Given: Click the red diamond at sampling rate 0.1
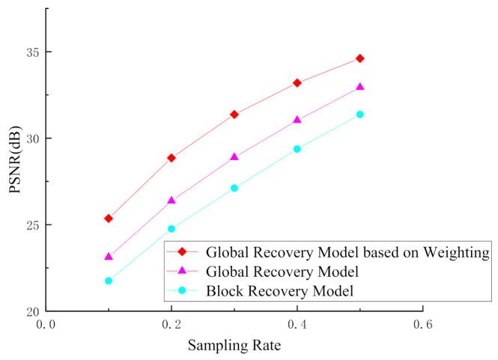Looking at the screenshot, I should pyautogui.click(x=109, y=219).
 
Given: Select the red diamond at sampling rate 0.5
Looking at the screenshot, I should pyautogui.click(x=360, y=58).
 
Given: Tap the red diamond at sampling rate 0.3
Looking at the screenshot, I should pyautogui.click(x=234, y=115).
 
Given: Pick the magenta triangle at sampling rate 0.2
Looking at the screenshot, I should pyautogui.click(x=171, y=201).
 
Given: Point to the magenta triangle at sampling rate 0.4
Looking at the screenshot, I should pyautogui.click(x=297, y=120).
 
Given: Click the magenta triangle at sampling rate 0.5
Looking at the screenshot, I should pyautogui.click(x=360, y=87).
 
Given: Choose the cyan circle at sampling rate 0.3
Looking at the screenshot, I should pyautogui.click(x=234, y=188).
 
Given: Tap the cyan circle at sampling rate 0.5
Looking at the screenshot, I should pyautogui.click(x=360, y=115).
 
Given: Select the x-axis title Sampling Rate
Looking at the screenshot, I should pyautogui.click(x=234, y=346).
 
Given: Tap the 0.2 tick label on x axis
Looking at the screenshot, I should pyautogui.click(x=171, y=324).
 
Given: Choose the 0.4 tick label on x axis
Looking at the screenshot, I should pyautogui.click(x=297, y=324).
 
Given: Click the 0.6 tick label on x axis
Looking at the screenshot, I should pyautogui.click(x=423, y=324).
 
